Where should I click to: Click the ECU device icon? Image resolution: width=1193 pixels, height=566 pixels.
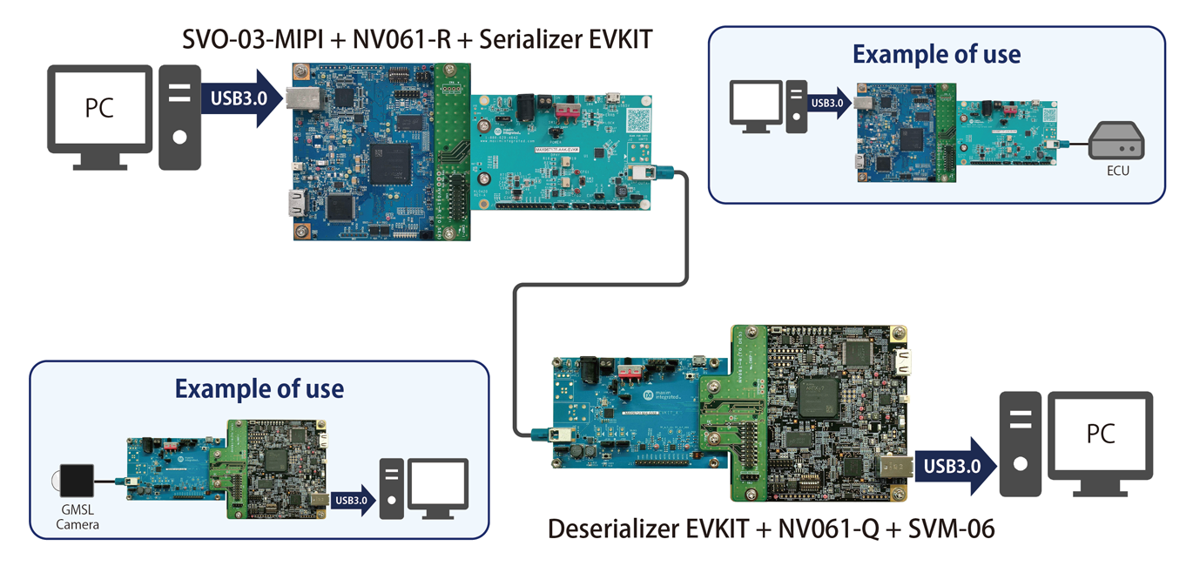coord(1117,141)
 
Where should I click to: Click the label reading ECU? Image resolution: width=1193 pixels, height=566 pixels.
coord(1117,171)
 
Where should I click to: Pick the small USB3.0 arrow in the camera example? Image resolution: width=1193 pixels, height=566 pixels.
coord(353,500)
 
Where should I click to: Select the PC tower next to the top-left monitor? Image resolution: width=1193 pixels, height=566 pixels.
coord(179,117)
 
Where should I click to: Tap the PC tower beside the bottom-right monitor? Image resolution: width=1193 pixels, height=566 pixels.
coord(1020,444)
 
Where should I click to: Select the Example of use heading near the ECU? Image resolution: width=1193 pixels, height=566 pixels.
coord(936,54)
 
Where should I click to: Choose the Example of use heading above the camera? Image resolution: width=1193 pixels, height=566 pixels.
coord(259,388)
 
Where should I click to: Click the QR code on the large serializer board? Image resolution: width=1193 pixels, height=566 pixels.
coord(638,118)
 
